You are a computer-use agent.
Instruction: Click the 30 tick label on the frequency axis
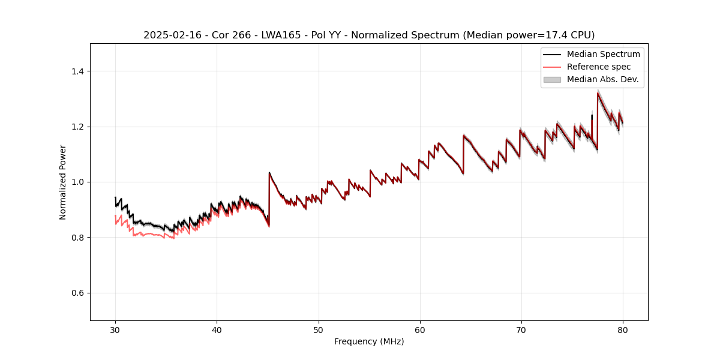click(x=115, y=329)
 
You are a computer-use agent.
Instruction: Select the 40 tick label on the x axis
click(x=217, y=329)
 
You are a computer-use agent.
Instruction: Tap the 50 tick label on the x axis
click(x=319, y=329)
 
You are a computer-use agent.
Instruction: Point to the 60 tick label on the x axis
click(x=420, y=329)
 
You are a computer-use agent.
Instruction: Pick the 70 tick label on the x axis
click(x=521, y=329)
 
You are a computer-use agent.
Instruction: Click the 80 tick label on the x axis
click(x=623, y=329)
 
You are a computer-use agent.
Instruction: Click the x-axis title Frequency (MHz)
click(x=369, y=341)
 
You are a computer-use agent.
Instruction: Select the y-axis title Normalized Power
click(x=63, y=182)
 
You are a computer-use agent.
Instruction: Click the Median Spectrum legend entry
click(x=603, y=54)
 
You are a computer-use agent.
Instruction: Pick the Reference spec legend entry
click(x=599, y=67)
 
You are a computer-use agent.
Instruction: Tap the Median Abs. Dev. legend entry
click(x=602, y=79)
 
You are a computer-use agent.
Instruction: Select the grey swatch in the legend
click(x=552, y=79)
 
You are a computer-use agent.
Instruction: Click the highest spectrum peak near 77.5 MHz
click(x=598, y=93)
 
